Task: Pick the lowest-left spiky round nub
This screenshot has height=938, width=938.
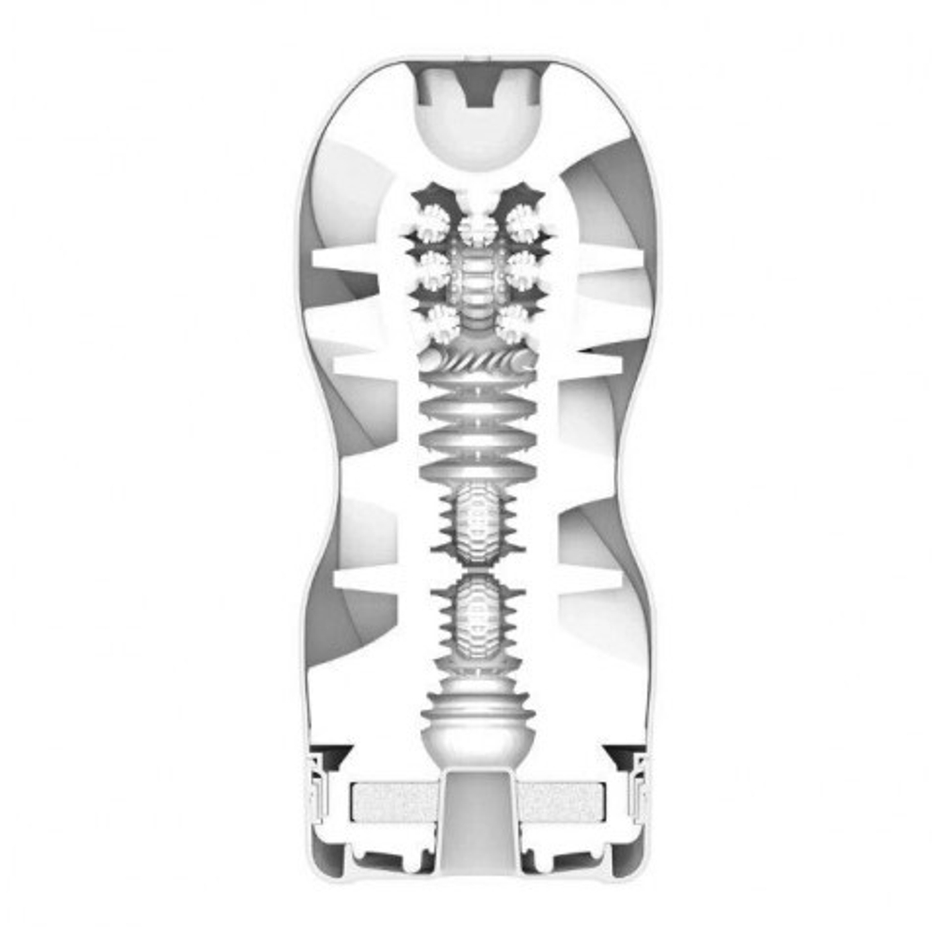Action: click(x=441, y=324)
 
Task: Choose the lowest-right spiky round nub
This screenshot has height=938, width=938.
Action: click(x=514, y=324)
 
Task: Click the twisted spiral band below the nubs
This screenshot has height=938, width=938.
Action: click(x=478, y=361)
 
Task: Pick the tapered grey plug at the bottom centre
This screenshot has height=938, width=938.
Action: click(x=478, y=816)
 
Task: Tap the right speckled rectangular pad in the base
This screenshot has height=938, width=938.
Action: click(x=563, y=802)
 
